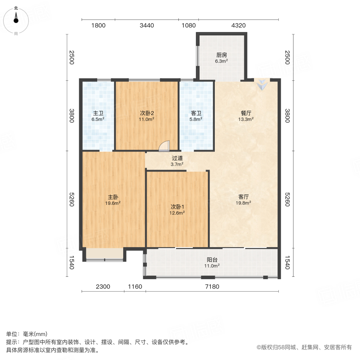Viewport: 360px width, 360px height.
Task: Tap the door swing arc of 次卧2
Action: (x=164, y=146)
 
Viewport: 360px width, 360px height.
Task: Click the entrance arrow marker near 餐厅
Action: (x=261, y=84)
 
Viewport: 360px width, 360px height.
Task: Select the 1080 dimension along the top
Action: (x=189, y=26)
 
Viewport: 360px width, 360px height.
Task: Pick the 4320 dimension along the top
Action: (x=238, y=26)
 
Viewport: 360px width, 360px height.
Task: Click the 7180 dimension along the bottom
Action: (x=212, y=286)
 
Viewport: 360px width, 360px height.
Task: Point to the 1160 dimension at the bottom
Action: (x=135, y=286)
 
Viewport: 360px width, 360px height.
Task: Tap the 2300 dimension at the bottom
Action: (x=103, y=286)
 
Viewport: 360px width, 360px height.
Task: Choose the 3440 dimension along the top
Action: (x=147, y=26)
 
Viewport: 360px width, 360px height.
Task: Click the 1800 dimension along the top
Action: (x=98, y=26)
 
